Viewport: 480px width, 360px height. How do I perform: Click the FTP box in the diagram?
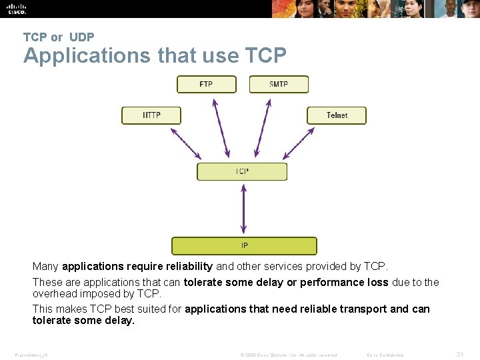206,84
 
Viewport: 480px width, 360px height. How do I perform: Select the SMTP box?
279,84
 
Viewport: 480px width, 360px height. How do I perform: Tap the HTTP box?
151,115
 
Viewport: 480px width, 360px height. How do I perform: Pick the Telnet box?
337,115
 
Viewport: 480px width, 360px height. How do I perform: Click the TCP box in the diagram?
242,171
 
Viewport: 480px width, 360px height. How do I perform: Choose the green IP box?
244,245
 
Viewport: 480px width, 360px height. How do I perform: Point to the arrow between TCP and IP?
243,209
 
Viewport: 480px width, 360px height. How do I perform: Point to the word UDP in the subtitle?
81,37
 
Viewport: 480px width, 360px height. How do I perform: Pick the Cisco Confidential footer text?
385,355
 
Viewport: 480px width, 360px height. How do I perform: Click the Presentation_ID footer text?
31,355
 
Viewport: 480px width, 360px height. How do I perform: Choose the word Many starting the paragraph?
45,266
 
